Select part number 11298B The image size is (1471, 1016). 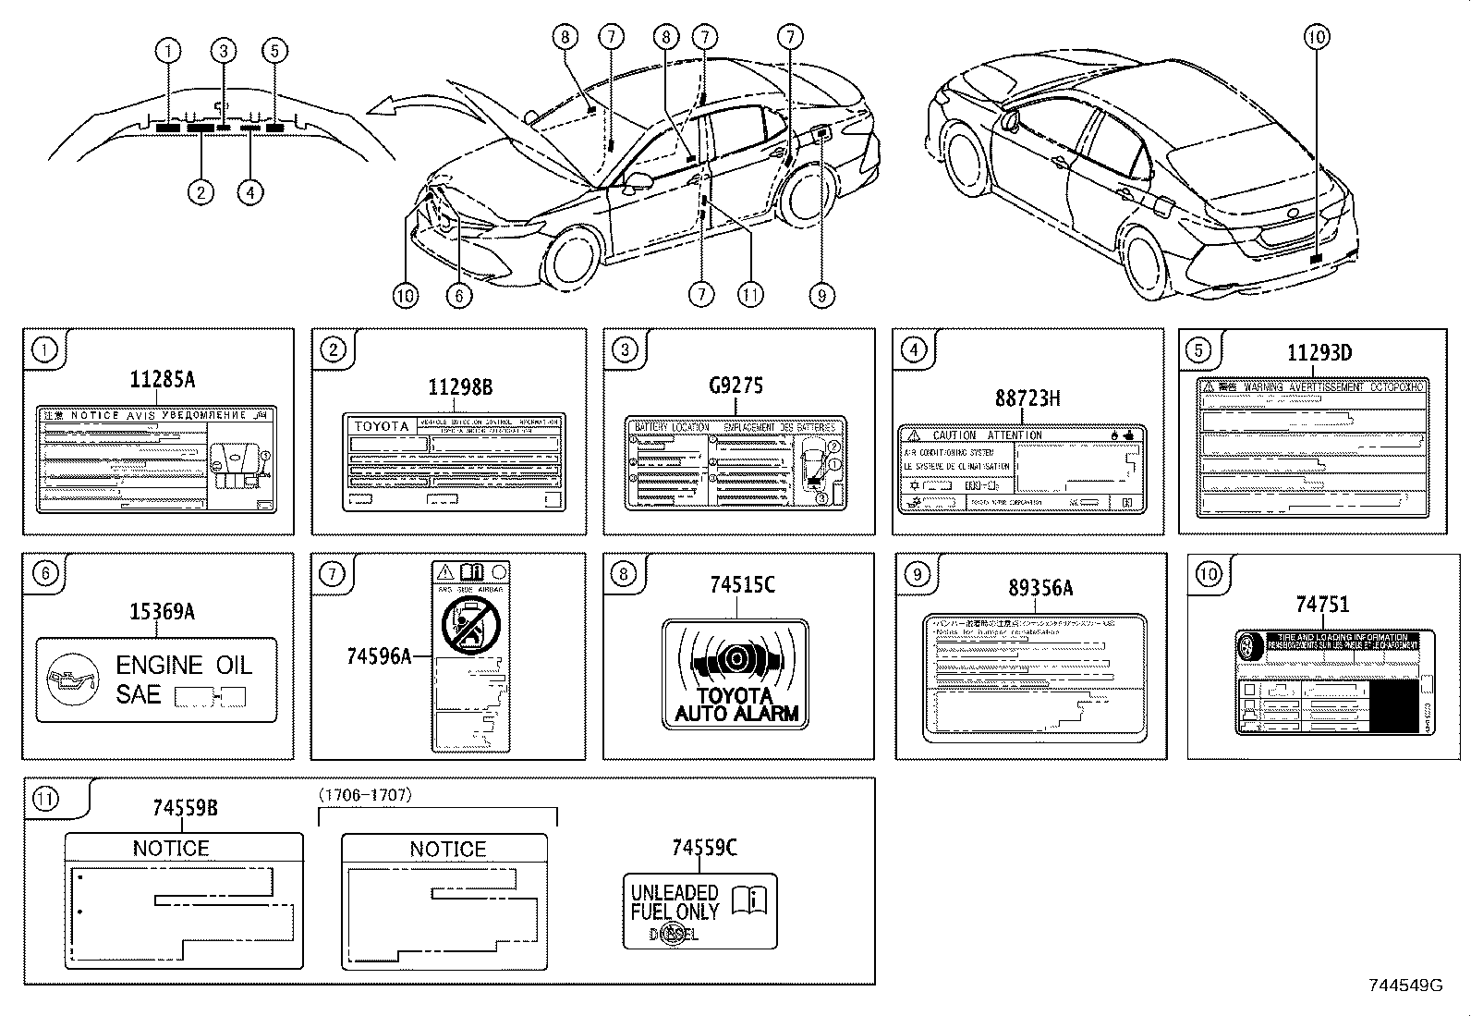(459, 387)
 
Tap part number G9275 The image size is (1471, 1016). (735, 386)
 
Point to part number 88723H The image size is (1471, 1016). (1027, 398)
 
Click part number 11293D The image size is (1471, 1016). (1319, 352)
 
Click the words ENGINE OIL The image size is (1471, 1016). (183, 665)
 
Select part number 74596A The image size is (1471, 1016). (378, 656)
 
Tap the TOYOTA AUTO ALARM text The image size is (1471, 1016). (735, 704)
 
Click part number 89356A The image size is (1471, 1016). (1039, 588)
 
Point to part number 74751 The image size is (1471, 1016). (1321, 605)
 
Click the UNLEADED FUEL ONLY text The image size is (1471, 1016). (675, 902)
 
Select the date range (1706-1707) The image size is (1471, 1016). (366, 795)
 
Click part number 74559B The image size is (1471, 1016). (185, 808)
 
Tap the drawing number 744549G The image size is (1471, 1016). (1405, 986)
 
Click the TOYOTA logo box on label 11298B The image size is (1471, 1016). (383, 426)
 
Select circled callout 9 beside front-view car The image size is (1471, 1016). (821, 295)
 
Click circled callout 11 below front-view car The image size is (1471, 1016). (750, 295)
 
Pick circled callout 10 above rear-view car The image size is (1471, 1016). (1317, 37)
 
